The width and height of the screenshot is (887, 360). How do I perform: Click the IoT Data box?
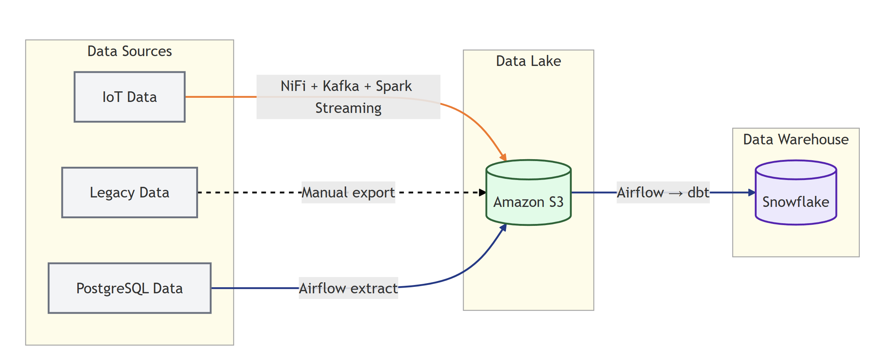(x=130, y=97)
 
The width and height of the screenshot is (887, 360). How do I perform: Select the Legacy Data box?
(x=130, y=193)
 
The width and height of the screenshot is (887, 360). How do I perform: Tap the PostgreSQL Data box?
(x=130, y=288)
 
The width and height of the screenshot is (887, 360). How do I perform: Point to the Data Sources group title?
(x=130, y=51)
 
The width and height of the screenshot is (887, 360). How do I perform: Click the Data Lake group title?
(x=528, y=61)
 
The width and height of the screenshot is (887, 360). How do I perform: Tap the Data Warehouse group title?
(x=796, y=139)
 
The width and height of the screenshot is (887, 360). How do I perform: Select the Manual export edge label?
(x=348, y=193)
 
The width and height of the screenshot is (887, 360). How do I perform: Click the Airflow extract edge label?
(x=348, y=288)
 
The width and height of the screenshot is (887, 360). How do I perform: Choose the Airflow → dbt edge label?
(x=663, y=193)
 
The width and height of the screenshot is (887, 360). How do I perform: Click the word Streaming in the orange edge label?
(x=348, y=108)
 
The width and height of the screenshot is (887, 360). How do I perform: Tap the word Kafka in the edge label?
(x=340, y=86)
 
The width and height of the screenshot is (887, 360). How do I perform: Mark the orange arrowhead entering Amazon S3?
(x=504, y=157)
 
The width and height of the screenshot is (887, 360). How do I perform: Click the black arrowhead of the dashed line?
(x=483, y=193)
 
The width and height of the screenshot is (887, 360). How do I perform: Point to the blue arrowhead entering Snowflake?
(x=752, y=193)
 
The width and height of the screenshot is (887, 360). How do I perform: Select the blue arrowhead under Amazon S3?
(x=503, y=227)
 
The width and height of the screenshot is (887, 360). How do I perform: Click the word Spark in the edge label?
(x=394, y=86)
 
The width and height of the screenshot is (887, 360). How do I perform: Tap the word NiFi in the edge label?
(x=293, y=86)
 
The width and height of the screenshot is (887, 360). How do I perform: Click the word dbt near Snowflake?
(x=698, y=193)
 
